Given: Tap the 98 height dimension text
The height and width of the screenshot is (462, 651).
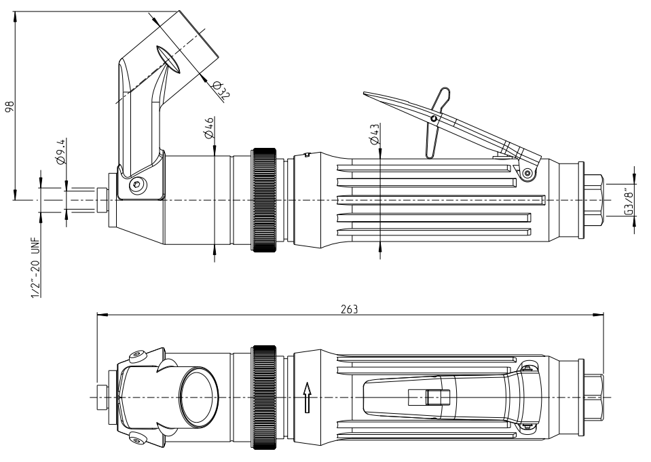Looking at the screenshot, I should pyautogui.click(x=8, y=106).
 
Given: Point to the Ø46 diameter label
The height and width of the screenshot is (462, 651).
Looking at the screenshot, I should pyautogui.click(x=209, y=128).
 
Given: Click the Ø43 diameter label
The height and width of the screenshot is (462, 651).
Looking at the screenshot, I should pyautogui.click(x=374, y=134).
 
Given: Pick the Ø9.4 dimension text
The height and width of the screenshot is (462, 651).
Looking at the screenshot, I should pyautogui.click(x=61, y=153).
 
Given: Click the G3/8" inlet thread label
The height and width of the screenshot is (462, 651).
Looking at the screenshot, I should pyautogui.click(x=630, y=201).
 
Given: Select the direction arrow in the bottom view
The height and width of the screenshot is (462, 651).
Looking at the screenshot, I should pyautogui.click(x=307, y=397).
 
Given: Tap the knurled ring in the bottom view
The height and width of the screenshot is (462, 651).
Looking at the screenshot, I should pyautogui.click(x=264, y=397).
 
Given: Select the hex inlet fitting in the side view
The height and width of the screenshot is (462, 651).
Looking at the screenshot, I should pyautogui.click(x=594, y=200).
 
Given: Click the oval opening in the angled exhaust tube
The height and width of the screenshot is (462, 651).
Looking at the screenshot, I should pyautogui.click(x=169, y=60).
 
